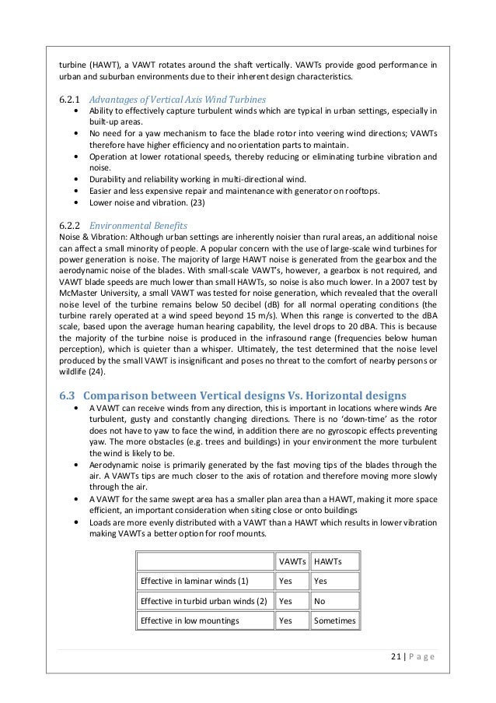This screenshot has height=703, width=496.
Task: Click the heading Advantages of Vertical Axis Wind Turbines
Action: (177, 100)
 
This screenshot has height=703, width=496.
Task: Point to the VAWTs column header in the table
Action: (291, 561)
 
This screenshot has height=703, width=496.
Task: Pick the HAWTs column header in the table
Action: (327, 561)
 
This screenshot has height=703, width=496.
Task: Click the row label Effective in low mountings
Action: (190, 620)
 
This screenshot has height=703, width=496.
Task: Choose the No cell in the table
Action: (318, 601)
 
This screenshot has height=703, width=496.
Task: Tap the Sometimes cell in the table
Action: (334, 620)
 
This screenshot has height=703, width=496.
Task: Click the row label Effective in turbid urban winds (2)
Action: (204, 601)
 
